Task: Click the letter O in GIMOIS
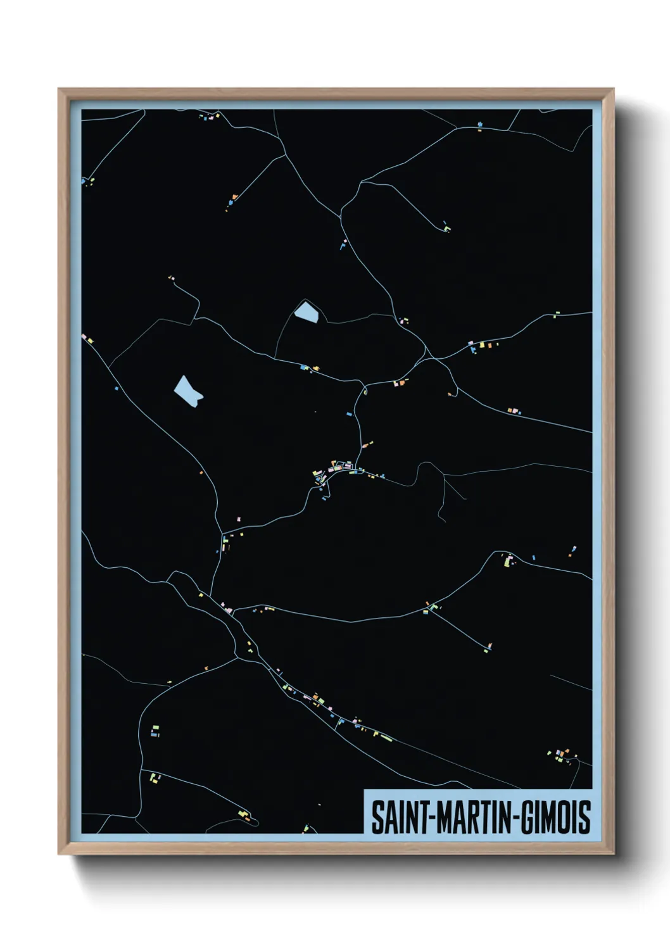(x=565, y=817)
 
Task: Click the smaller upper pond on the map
(x=307, y=311)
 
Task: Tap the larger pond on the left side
(x=187, y=391)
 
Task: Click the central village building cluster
(x=334, y=470)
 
